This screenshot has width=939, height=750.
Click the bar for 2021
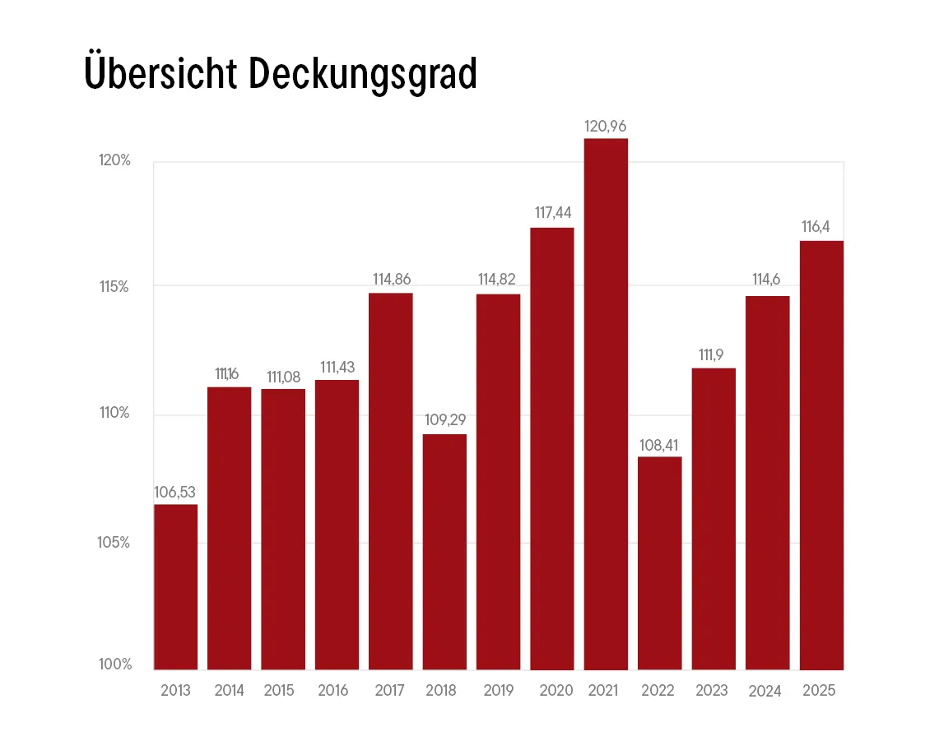[606, 403]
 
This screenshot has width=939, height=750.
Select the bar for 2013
[175, 586]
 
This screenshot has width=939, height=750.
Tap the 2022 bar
[659, 562]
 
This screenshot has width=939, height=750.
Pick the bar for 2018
[444, 551]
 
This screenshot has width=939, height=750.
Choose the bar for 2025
[821, 455]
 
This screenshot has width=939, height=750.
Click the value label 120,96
[606, 127]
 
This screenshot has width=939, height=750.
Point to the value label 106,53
[175, 492]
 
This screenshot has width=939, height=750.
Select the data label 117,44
[552, 213]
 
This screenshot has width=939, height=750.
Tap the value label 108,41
[659, 445]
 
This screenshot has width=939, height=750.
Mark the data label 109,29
[444, 420]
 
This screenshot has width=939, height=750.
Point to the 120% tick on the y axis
[115, 160]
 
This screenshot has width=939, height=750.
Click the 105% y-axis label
[115, 543]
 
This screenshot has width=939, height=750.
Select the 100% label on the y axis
[115, 664]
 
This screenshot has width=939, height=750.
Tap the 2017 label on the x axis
[390, 690]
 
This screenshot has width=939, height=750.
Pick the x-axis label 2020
[556, 690]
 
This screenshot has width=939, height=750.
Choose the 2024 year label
[765, 691]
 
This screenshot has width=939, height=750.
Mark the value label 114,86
[391, 279]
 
